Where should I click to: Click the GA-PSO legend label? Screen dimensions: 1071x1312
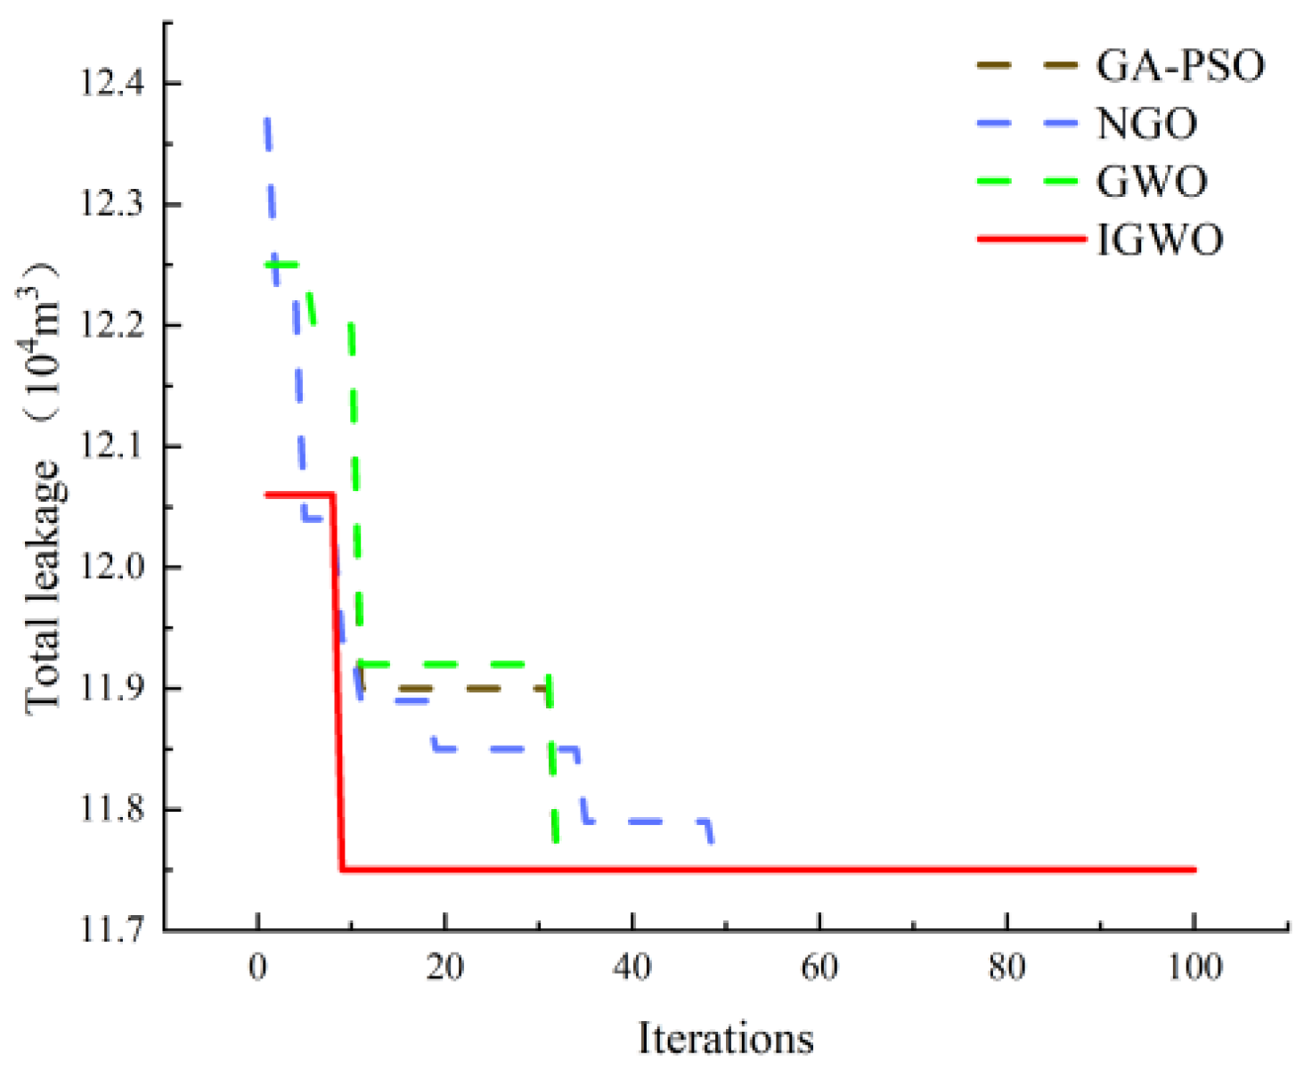(1179, 66)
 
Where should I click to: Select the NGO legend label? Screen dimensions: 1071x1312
(1146, 124)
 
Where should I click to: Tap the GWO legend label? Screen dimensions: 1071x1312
(1152, 182)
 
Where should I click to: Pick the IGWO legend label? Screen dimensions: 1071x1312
(1160, 240)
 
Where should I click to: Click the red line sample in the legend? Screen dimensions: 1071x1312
(1031, 239)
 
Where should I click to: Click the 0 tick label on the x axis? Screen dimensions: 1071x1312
(258, 967)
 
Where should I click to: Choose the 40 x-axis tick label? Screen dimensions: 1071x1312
(632, 967)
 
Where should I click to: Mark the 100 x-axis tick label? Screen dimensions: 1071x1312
(1194, 967)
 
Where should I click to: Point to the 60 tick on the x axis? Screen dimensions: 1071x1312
(819, 967)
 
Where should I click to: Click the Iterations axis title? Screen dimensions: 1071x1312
(726, 1038)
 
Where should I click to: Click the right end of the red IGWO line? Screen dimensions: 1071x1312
(1193, 870)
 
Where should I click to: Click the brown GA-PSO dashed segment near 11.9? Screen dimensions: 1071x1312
(481, 689)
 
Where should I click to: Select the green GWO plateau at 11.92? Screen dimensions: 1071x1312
(454, 664)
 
